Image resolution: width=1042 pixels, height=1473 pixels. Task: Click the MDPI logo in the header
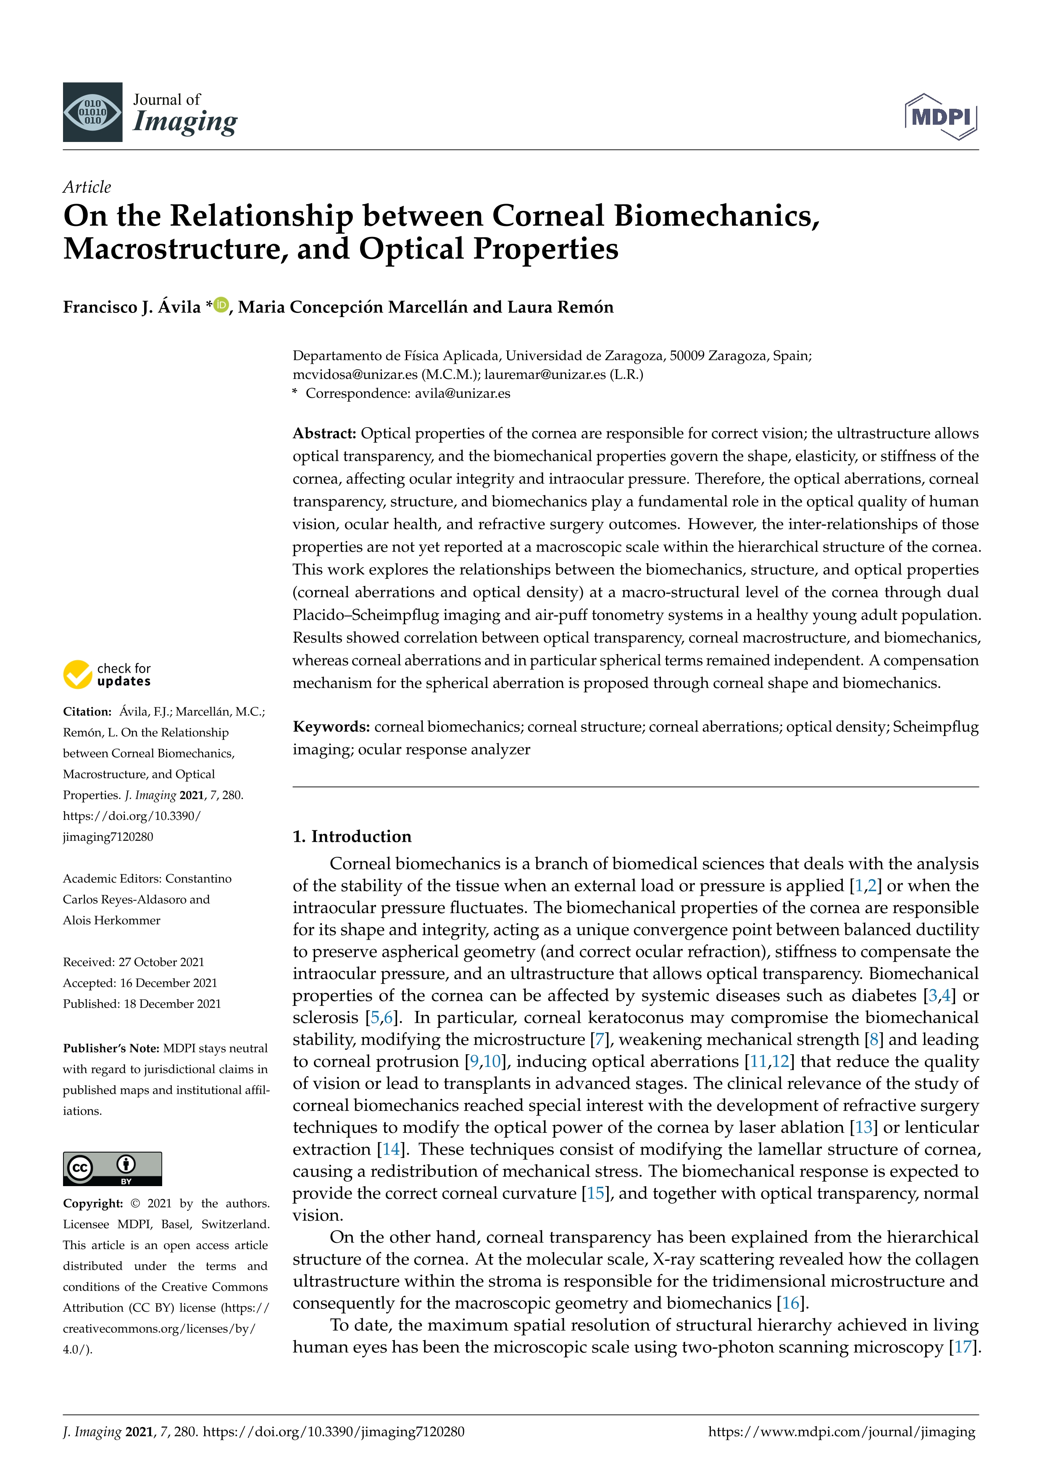(x=941, y=117)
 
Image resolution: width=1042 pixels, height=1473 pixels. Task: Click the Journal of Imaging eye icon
(x=92, y=112)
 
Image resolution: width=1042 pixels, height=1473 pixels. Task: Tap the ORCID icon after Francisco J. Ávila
(x=221, y=305)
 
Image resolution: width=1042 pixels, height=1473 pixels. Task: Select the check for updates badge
(x=107, y=674)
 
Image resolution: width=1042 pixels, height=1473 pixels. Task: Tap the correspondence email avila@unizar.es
(x=462, y=393)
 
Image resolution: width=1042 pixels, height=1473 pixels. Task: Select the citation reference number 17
(x=963, y=1347)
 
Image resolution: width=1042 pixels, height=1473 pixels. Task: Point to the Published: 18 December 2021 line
(x=142, y=1003)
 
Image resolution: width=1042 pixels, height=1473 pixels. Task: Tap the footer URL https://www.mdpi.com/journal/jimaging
(x=841, y=1431)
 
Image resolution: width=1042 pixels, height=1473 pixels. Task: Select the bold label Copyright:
(x=93, y=1203)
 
